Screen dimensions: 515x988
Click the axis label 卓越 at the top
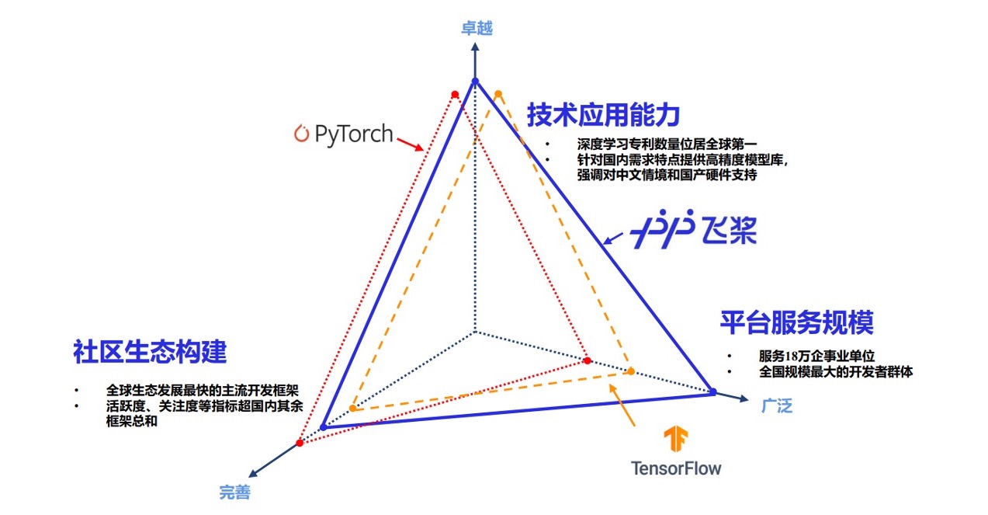[x=477, y=29]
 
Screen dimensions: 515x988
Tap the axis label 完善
[x=235, y=492]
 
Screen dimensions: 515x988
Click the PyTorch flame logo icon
[x=301, y=134]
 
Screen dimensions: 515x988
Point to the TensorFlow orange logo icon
[x=676, y=440]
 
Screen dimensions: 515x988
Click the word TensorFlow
[x=676, y=468]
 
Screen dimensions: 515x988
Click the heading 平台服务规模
[x=797, y=322]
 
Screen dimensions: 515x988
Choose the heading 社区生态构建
[x=150, y=351]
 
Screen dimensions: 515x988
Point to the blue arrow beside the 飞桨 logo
[x=618, y=235]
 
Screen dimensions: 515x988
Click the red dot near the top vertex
[x=456, y=95]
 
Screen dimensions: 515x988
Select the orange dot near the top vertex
[x=498, y=94]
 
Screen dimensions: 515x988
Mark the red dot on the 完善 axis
[x=300, y=443]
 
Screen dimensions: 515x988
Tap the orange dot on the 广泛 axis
[x=631, y=371]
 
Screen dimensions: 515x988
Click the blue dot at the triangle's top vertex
[x=476, y=81]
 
